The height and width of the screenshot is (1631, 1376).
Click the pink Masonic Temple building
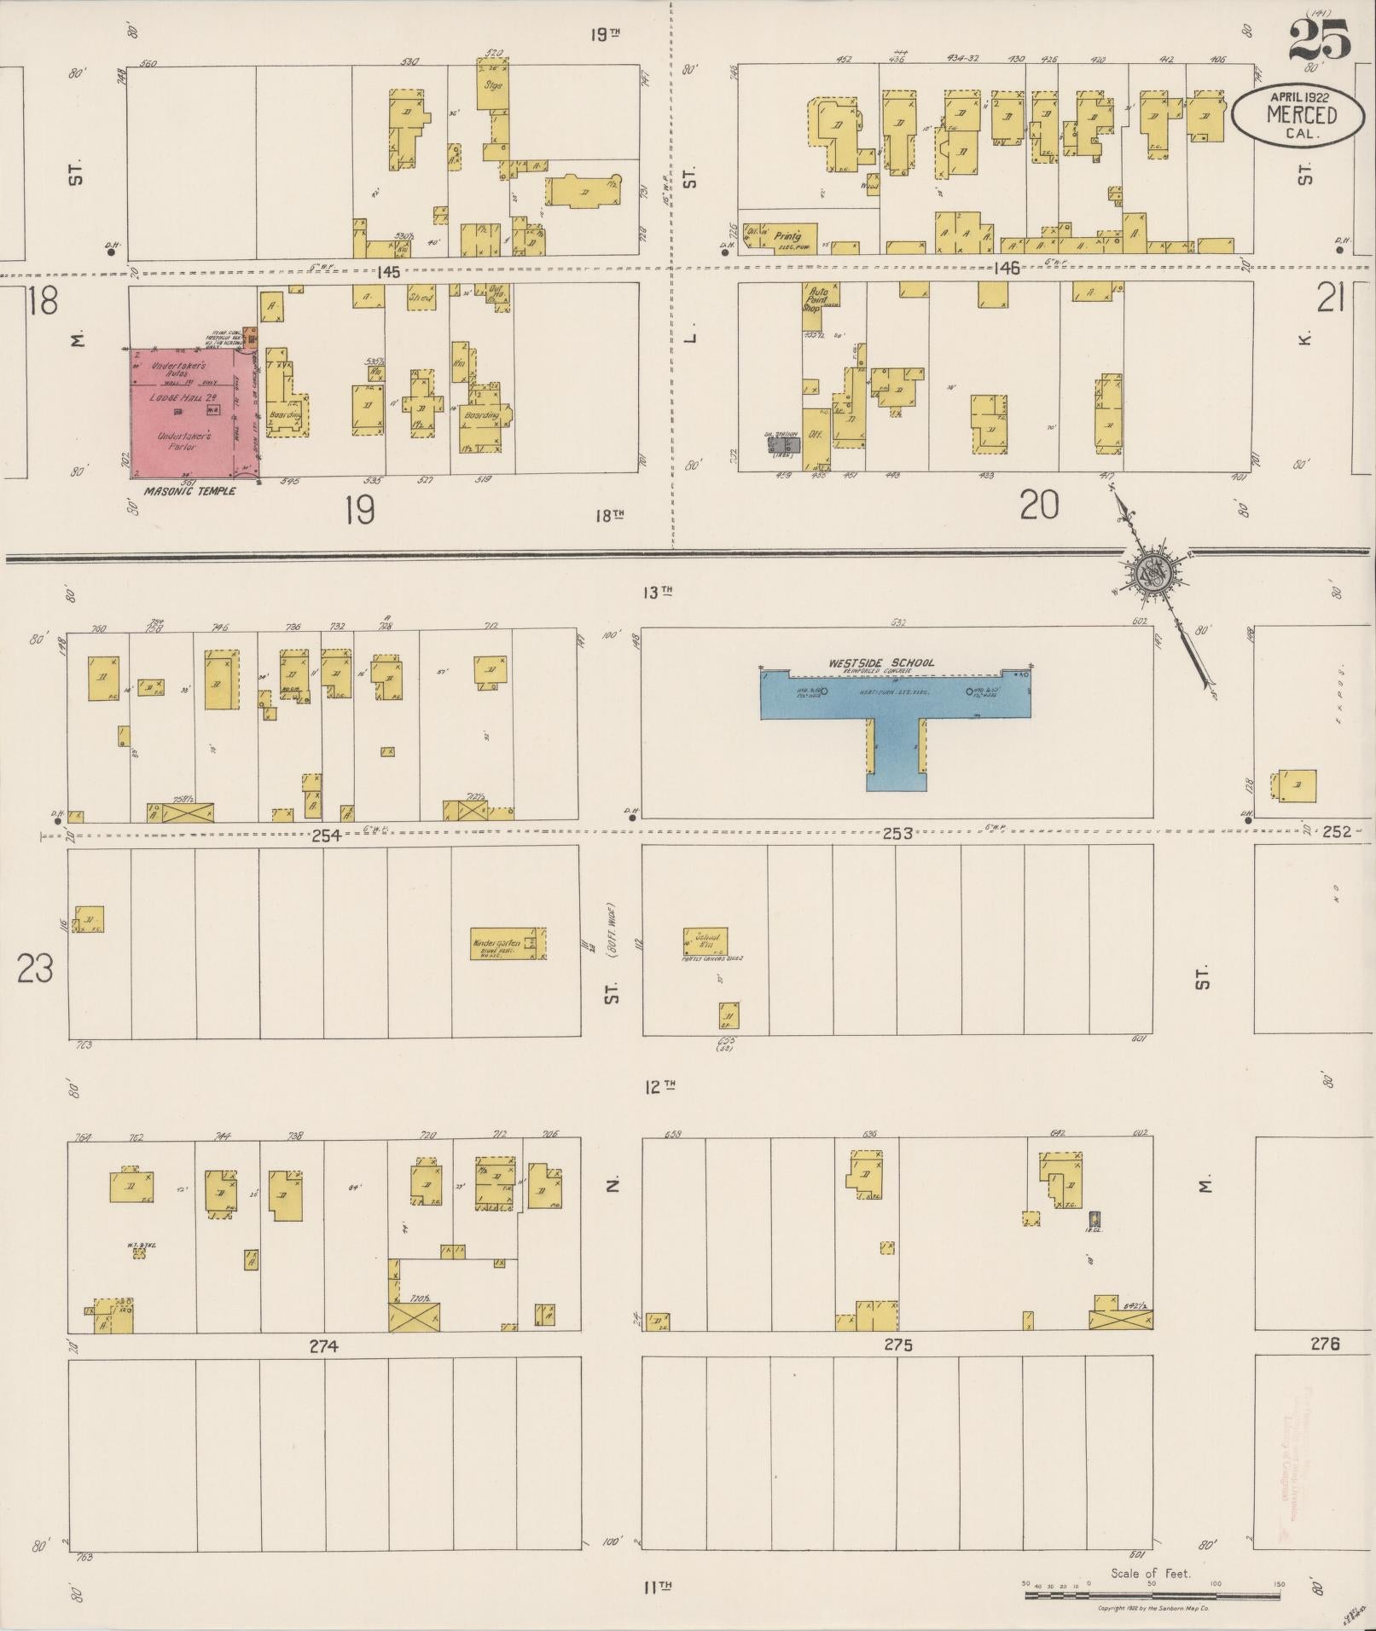[192, 414]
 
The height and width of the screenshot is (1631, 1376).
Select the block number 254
[326, 836]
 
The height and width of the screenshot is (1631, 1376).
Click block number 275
[898, 1345]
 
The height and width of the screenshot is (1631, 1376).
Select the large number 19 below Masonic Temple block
[361, 511]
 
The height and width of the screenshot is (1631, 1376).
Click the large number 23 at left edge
[36, 969]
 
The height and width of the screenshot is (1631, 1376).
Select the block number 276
[1325, 1344]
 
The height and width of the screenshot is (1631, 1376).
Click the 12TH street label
[659, 1086]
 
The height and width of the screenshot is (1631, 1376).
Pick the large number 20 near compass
[1039, 506]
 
